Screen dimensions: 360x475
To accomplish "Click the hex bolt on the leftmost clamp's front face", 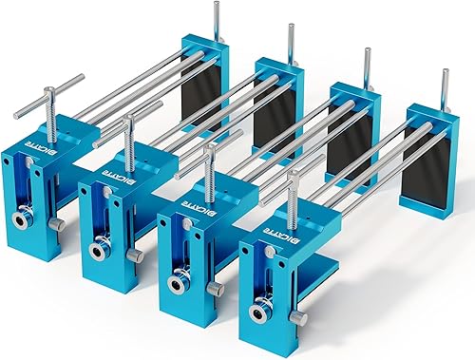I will (x=19, y=218).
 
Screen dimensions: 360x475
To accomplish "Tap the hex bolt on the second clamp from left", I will (x=96, y=251).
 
